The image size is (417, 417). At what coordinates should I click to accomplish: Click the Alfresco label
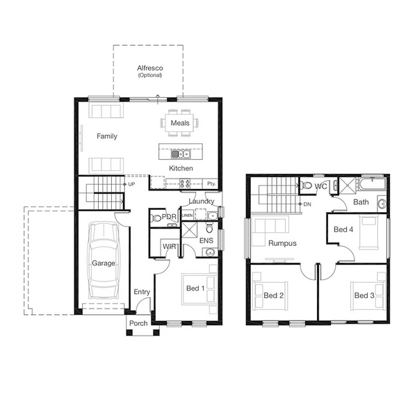point(150,68)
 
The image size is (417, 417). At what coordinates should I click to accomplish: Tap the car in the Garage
point(104,261)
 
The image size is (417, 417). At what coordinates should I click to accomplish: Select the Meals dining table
point(180,123)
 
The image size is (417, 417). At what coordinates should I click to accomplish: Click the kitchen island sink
point(181,154)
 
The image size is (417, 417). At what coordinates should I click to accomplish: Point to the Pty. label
point(211,183)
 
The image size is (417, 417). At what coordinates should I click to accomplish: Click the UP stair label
point(131,184)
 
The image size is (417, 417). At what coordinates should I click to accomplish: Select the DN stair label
point(307,204)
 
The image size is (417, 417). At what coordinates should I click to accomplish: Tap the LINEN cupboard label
point(187,215)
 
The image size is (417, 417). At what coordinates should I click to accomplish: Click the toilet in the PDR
point(156,218)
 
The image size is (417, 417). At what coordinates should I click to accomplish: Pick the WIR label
point(170,247)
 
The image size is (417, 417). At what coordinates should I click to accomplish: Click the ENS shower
point(189,230)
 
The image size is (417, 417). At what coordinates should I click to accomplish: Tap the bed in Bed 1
point(199,289)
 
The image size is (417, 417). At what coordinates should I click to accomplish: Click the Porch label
point(138,323)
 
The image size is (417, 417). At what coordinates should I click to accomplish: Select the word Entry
point(142,292)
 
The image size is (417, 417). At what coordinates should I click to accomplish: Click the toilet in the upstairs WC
point(306,185)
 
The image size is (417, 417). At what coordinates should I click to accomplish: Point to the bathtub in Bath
point(373,184)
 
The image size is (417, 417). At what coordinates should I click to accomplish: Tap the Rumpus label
point(282,243)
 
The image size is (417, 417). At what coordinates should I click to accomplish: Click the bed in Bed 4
point(369,233)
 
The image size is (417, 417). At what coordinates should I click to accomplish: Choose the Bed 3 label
point(364,295)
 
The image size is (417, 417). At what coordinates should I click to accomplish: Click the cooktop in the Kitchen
point(185,183)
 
